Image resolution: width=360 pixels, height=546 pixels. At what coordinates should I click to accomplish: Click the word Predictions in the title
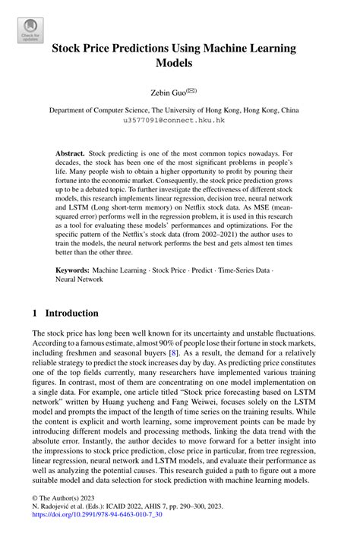139,48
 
